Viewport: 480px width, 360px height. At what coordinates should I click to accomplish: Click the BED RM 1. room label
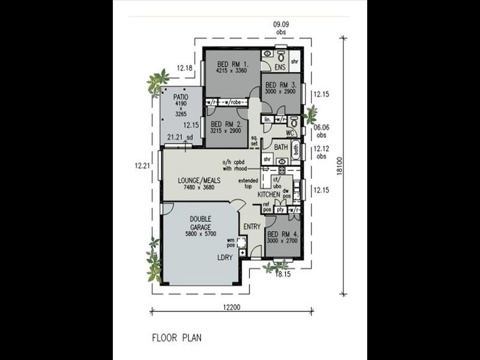(x=229, y=64)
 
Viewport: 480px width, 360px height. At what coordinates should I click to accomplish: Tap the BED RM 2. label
(x=226, y=124)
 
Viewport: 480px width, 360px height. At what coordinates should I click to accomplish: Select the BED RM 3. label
(x=280, y=85)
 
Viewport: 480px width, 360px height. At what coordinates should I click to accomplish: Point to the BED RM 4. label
(x=282, y=234)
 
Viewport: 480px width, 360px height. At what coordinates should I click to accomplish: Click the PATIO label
(x=181, y=97)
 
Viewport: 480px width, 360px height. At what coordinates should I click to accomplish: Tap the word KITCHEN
(x=269, y=196)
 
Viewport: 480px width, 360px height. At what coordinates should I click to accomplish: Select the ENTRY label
(x=251, y=226)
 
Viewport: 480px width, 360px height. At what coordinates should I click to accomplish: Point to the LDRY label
(x=226, y=257)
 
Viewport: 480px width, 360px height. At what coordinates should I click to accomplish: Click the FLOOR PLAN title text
(x=176, y=338)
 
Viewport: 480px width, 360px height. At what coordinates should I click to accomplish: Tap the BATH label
(x=281, y=147)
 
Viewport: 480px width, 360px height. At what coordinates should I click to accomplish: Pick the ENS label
(x=280, y=67)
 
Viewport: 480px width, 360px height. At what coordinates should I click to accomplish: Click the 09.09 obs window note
(x=281, y=27)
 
